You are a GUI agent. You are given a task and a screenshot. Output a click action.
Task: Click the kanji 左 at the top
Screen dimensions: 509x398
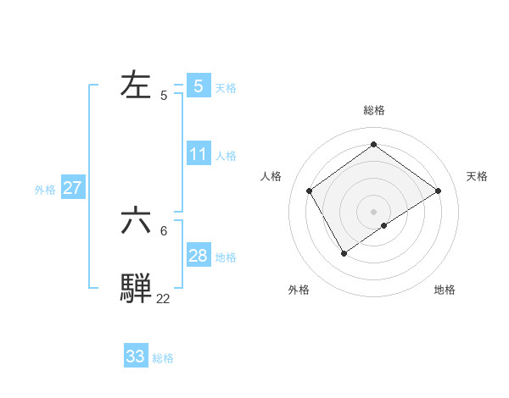[x=137, y=85]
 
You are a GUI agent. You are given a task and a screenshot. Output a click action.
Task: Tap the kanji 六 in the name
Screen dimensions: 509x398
[x=137, y=221]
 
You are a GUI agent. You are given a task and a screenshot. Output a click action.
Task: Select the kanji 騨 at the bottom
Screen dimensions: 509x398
[x=137, y=288]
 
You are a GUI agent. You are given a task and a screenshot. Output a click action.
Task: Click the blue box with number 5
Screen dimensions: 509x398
[x=199, y=86]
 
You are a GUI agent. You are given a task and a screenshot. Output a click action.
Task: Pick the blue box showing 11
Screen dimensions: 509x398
[x=199, y=154]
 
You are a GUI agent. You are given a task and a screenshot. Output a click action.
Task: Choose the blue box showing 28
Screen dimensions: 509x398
[x=199, y=256]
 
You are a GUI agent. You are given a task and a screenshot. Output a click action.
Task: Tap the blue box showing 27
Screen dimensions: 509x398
[x=72, y=188]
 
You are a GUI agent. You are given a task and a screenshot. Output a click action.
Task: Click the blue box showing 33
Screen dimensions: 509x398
[x=136, y=357]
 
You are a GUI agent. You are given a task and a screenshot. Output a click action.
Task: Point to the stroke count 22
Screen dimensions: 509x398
[x=163, y=298]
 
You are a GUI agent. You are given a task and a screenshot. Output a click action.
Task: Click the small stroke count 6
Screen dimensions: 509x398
[x=165, y=230]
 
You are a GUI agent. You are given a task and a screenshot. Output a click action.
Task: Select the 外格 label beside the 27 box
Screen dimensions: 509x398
[x=45, y=190]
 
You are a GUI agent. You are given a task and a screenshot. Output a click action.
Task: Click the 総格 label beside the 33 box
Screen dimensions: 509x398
[x=163, y=358]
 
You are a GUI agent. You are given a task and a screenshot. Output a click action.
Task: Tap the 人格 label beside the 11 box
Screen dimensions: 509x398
[x=226, y=156]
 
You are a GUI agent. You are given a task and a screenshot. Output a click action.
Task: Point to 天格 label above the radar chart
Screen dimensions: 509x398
[x=477, y=176]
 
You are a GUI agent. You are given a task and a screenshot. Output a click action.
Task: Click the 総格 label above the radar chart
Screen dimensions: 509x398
[x=374, y=110]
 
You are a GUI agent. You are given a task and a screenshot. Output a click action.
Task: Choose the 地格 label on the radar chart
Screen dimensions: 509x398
[x=445, y=290]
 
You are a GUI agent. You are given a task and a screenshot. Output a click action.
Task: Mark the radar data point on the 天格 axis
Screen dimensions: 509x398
[x=438, y=191]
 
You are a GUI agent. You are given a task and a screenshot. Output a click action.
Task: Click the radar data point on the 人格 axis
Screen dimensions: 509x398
[x=310, y=191]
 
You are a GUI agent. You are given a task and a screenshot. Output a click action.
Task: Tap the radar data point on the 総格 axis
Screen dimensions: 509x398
[x=373, y=145]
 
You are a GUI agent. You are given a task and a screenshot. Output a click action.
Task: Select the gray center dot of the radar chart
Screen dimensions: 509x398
[x=373, y=211]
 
